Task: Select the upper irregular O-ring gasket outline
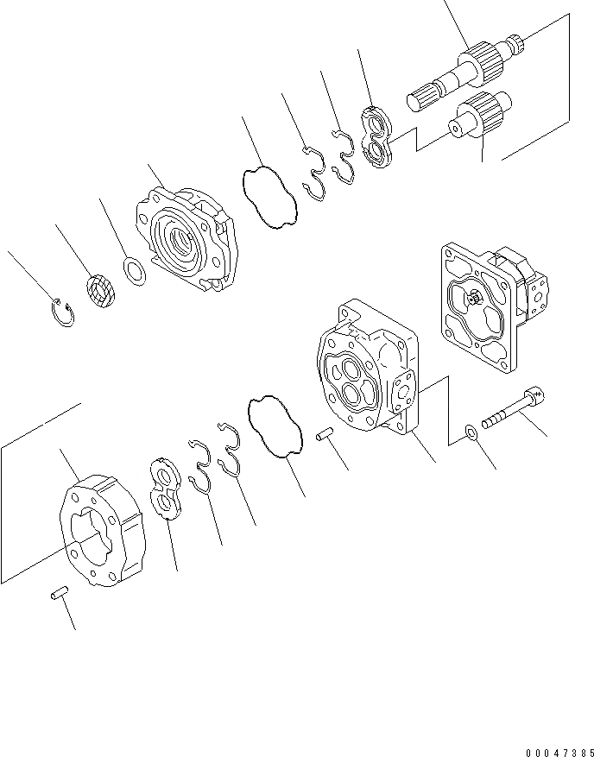pos(267,198)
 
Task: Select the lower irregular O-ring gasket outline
pos(274,426)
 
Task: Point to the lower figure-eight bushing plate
pos(164,489)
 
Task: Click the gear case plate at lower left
pos(102,531)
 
